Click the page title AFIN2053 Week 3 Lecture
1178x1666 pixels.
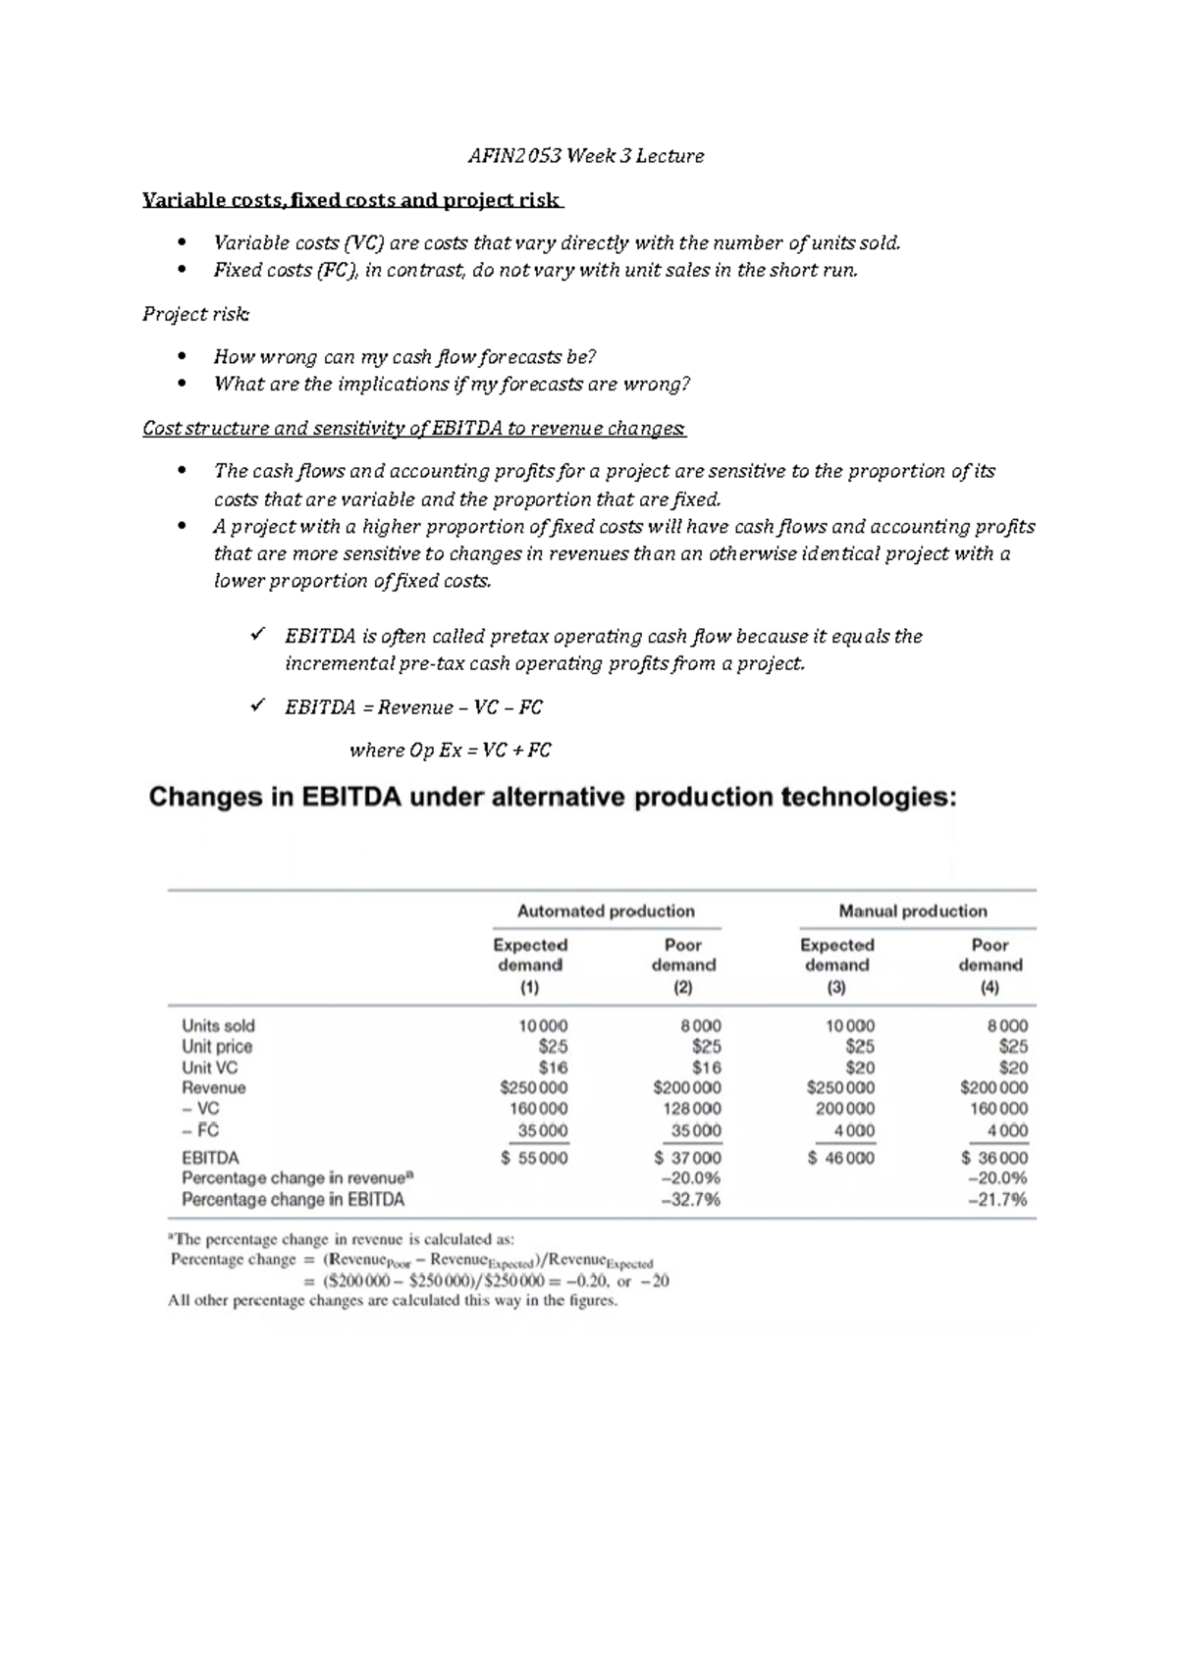[586, 156]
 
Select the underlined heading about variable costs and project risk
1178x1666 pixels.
[351, 200]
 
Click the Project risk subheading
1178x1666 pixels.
[195, 314]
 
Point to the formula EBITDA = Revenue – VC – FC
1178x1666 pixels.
[413, 707]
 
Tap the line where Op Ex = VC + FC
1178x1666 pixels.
[451, 751]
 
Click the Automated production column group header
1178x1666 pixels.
[606, 911]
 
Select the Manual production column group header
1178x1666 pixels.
[913, 911]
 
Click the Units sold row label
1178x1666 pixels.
[218, 1025]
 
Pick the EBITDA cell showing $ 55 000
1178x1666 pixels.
[534, 1158]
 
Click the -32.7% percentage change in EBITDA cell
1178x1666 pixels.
[691, 1199]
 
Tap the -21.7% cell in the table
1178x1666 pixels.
[997, 1199]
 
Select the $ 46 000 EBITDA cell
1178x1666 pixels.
[841, 1158]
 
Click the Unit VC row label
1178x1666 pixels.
[209, 1067]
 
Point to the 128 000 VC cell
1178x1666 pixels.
[688, 1109]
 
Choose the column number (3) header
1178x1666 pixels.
[836, 988]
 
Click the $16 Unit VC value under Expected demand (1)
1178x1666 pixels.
[553, 1067]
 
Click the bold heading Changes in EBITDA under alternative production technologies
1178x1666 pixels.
[552, 797]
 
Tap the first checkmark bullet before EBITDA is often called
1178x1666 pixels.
[258, 636]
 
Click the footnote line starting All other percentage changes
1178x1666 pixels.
[393, 1301]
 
